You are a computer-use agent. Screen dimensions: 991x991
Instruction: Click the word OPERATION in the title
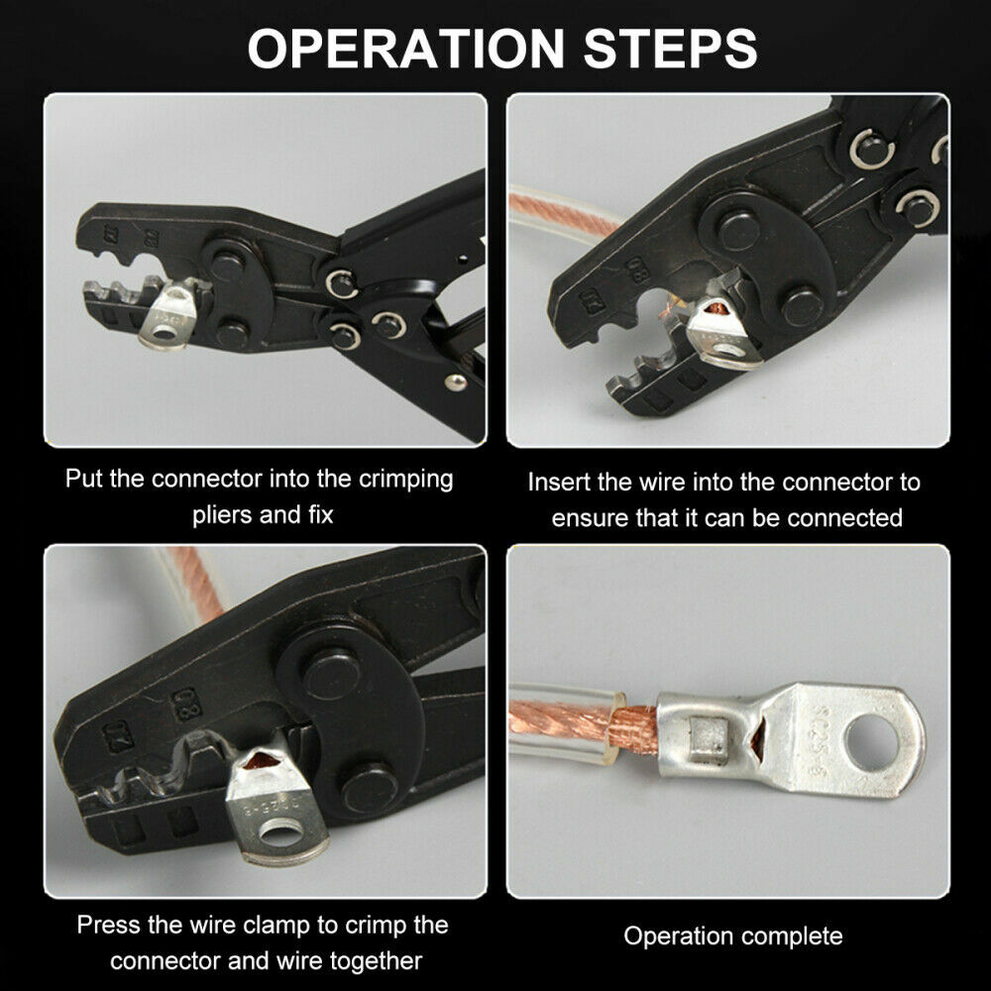click(405, 48)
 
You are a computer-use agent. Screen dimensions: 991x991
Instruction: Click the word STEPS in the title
click(670, 48)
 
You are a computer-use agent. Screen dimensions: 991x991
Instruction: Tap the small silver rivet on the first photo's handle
click(455, 382)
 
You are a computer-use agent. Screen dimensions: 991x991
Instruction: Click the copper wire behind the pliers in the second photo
click(563, 213)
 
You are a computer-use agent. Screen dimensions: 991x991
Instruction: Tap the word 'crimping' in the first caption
click(405, 480)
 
